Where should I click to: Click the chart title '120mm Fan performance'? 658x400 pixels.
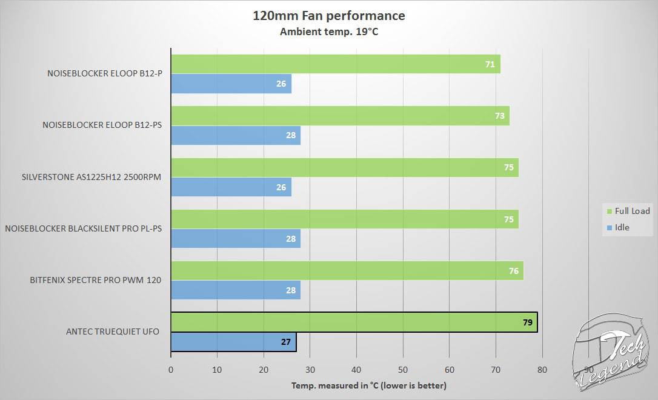pos(328,15)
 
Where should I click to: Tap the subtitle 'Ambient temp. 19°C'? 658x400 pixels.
pos(328,32)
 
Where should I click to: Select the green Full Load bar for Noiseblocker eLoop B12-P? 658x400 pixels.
pos(335,64)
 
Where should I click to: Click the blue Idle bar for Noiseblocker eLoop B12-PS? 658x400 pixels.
pos(235,136)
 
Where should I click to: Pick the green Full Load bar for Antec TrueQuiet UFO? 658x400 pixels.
pos(354,322)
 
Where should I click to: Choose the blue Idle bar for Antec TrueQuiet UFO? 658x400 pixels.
pos(233,342)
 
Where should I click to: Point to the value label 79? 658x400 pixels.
pos(527,322)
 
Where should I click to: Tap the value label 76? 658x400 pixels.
pos(514,271)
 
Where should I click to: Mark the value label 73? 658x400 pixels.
pos(500,116)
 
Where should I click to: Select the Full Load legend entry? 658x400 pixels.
pos(628,211)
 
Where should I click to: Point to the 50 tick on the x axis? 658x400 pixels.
pos(403,369)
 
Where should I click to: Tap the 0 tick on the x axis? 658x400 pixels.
pos(171,369)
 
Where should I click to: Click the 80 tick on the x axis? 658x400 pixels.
pos(542,369)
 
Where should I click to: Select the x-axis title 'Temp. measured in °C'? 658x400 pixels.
pos(368,385)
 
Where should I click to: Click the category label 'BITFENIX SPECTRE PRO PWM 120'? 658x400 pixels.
pos(95,280)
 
